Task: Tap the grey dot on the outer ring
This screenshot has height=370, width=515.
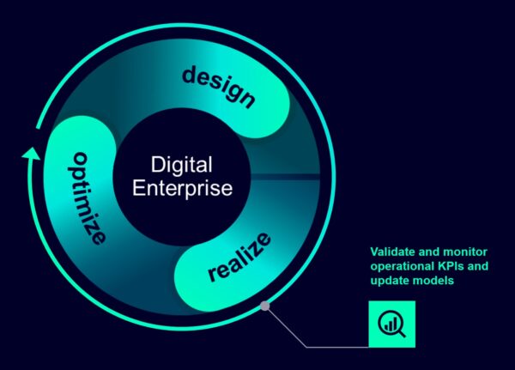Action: pos(265,306)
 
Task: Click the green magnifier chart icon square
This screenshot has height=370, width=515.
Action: pos(391,324)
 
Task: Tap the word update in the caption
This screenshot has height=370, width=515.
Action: pos(388,281)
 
